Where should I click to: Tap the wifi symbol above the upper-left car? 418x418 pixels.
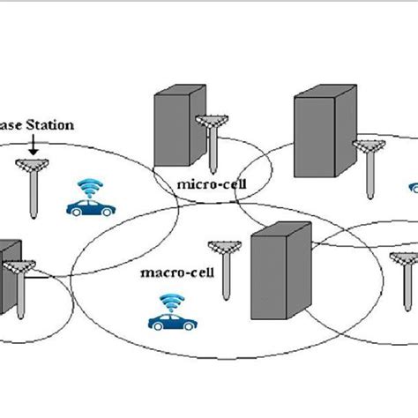[x=90, y=188]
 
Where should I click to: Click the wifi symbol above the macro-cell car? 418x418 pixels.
[x=170, y=302]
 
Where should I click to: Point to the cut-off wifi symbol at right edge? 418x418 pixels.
[x=413, y=188]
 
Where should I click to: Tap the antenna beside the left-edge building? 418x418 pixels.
[x=21, y=282]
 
